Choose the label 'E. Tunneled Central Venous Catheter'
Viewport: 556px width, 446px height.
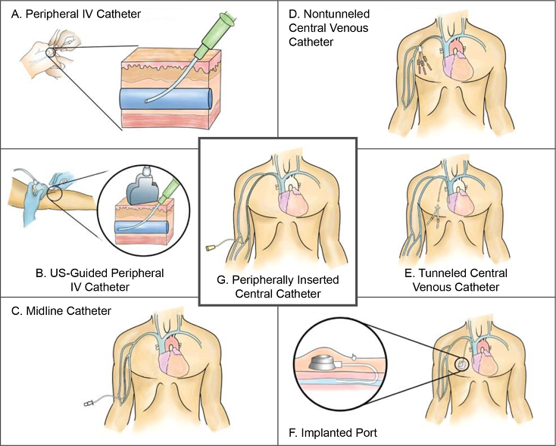(x=464, y=279)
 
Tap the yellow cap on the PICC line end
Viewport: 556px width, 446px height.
(x=211, y=247)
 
